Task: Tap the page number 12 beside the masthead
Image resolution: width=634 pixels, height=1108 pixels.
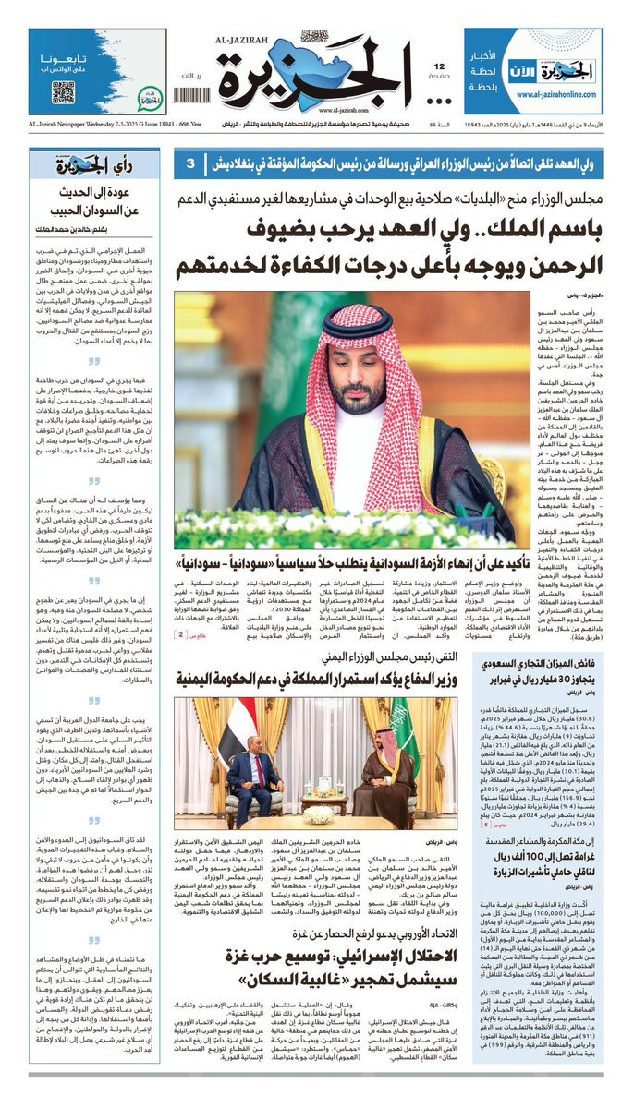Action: tap(441, 66)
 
